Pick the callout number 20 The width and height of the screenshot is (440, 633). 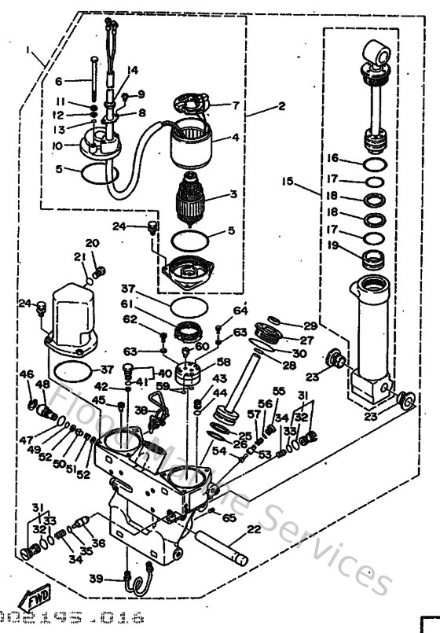pyautogui.click(x=93, y=242)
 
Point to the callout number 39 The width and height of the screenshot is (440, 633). pyautogui.click(x=118, y=579)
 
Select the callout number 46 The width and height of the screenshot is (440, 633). pyautogui.click(x=27, y=374)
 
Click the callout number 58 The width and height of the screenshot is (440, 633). pyautogui.click(x=223, y=363)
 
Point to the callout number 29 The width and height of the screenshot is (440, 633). pyautogui.click(x=310, y=326)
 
